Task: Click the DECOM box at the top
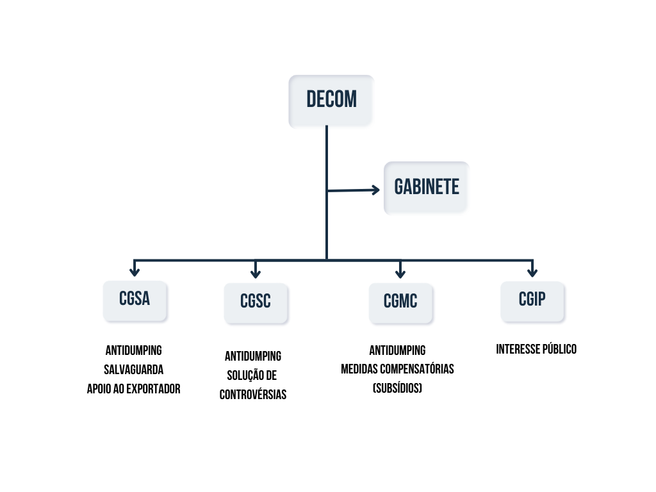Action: tap(331, 101)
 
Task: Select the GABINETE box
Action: tap(426, 187)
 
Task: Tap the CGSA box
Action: tap(135, 299)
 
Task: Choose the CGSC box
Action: tap(256, 302)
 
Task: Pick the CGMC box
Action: tap(400, 302)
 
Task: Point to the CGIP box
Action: tap(532, 299)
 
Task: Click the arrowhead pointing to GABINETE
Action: tap(375, 189)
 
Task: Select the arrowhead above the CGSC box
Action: tap(256, 272)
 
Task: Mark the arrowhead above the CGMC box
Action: tap(400, 272)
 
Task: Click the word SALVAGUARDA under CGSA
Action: tap(133, 370)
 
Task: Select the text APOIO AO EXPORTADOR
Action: tap(133, 389)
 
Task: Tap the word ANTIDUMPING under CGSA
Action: tap(133, 350)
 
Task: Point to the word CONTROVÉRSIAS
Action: tap(253, 395)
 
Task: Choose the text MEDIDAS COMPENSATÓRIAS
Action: tap(397, 369)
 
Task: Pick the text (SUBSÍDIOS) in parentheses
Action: tap(397, 388)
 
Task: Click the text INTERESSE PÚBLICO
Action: tap(536, 349)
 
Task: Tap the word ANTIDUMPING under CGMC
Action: tap(397, 350)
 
